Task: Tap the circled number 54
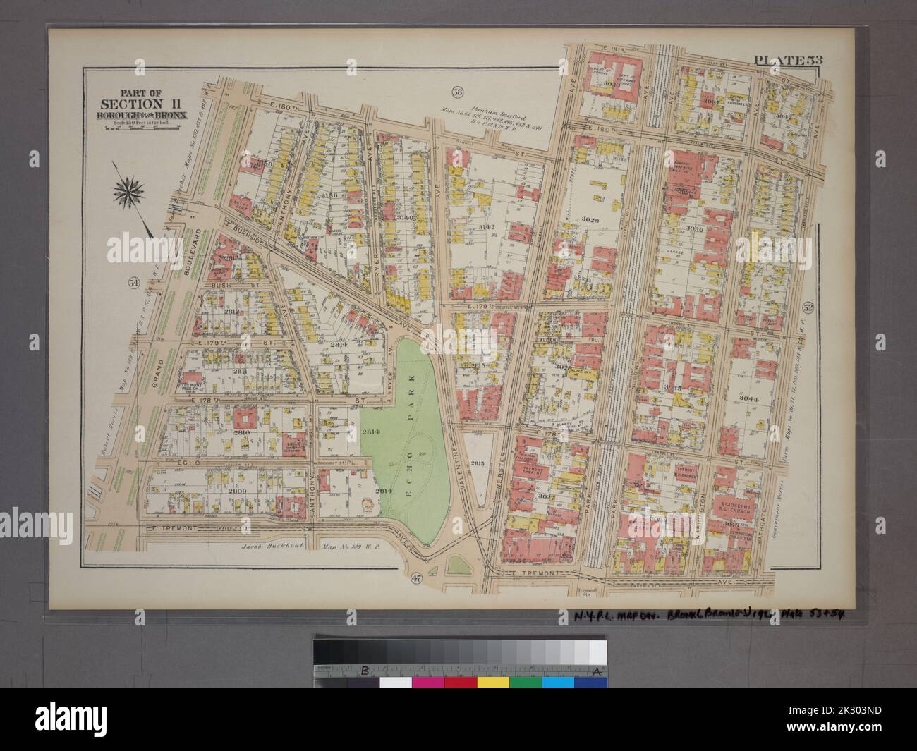point(133,283)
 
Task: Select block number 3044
point(748,398)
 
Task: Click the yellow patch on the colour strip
point(492,683)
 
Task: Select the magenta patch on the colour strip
point(427,683)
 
